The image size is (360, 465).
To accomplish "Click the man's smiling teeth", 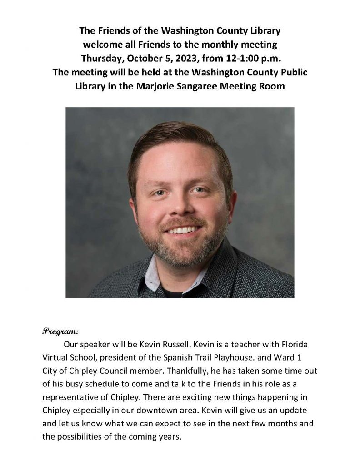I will [184, 229].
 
